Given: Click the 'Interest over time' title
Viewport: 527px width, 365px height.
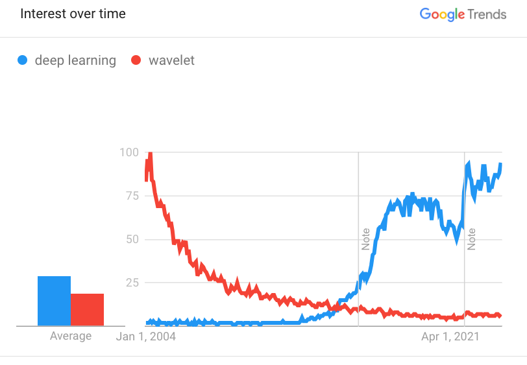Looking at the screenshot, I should click(73, 14).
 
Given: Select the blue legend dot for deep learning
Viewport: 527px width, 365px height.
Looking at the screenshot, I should click(23, 61).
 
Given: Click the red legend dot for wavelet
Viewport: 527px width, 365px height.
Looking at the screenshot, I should click(136, 61).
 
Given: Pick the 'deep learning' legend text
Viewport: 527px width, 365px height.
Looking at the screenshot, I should click(75, 61).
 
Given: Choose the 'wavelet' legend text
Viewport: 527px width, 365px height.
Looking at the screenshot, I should click(171, 61).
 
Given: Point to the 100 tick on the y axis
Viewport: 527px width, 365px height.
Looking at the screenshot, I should click(130, 152).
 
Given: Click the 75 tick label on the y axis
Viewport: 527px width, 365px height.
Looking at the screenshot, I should click(132, 196).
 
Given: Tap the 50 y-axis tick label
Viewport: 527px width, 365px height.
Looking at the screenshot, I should click(132, 239).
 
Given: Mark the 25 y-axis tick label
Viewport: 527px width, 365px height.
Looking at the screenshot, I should click(132, 282).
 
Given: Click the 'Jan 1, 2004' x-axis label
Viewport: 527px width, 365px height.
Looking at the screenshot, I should click(146, 336).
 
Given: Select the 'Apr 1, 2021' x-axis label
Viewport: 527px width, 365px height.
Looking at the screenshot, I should click(450, 336).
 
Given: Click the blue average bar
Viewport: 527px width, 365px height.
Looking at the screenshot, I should click(54, 301).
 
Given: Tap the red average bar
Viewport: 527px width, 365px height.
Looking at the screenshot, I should click(87, 309).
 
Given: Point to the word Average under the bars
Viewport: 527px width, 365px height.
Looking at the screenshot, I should click(71, 336).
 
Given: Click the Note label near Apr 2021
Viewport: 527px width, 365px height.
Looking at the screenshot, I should click(472, 239).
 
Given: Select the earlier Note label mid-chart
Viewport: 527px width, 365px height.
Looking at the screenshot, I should click(365, 239).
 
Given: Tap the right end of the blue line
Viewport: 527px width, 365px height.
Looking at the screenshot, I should click(500, 164).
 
